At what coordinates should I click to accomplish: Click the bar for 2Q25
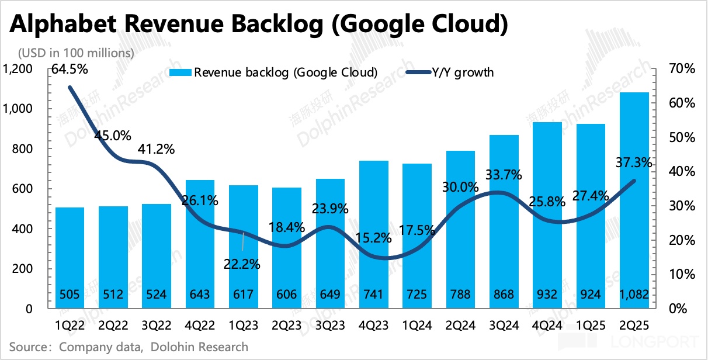coord(634,199)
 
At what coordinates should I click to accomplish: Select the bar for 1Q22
coord(70,257)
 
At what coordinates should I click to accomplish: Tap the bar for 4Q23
coord(374,234)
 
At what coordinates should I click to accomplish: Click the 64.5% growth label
coord(70,70)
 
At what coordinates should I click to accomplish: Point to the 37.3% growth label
coord(633,163)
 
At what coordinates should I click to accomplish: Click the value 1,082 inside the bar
coord(634,295)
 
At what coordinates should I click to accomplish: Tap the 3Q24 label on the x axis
coord(504,324)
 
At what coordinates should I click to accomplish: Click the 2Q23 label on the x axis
coord(287,324)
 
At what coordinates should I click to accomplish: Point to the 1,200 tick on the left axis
coord(19,70)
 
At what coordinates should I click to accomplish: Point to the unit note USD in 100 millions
coord(77,53)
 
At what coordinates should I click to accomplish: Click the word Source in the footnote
coord(28,347)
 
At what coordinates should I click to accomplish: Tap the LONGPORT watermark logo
coord(660,341)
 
